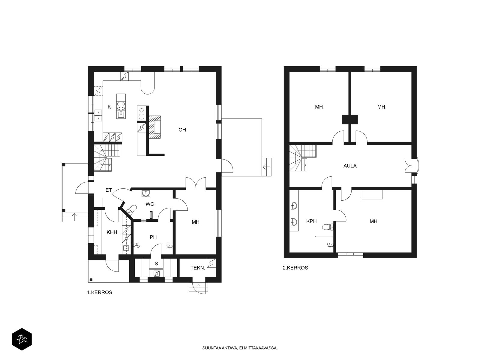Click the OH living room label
point(182,130)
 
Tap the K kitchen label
point(109,107)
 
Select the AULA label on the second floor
point(350,166)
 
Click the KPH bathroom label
point(311,221)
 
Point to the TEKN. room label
point(198,268)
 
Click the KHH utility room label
point(112,232)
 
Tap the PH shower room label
point(153,237)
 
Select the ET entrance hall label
point(109,190)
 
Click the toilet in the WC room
point(131,209)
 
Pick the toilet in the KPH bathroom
point(328,227)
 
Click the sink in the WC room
point(145,193)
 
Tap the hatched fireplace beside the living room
point(155,127)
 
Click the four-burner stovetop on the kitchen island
point(121,106)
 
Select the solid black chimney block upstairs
point(350,119)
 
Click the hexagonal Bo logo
point(22,339)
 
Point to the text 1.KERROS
point(100,292)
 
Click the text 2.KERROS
point(295,268)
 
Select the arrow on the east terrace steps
point(266,167)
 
